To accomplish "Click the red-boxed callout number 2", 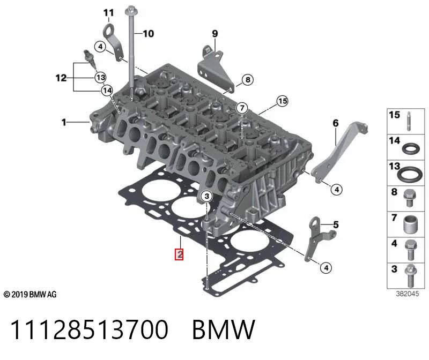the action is pos(179,254).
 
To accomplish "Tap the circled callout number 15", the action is pos(283,101).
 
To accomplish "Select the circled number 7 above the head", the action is pos(242,108).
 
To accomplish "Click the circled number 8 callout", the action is pos(248,80).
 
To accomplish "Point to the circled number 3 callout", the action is pos(207,196).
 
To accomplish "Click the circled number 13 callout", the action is pos(100,77).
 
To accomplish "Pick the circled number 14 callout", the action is pos(107,90).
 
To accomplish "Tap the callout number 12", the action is pos(61,78).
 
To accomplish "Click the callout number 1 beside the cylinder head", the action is pos(64,122).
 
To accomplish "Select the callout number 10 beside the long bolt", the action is pos(149,34).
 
